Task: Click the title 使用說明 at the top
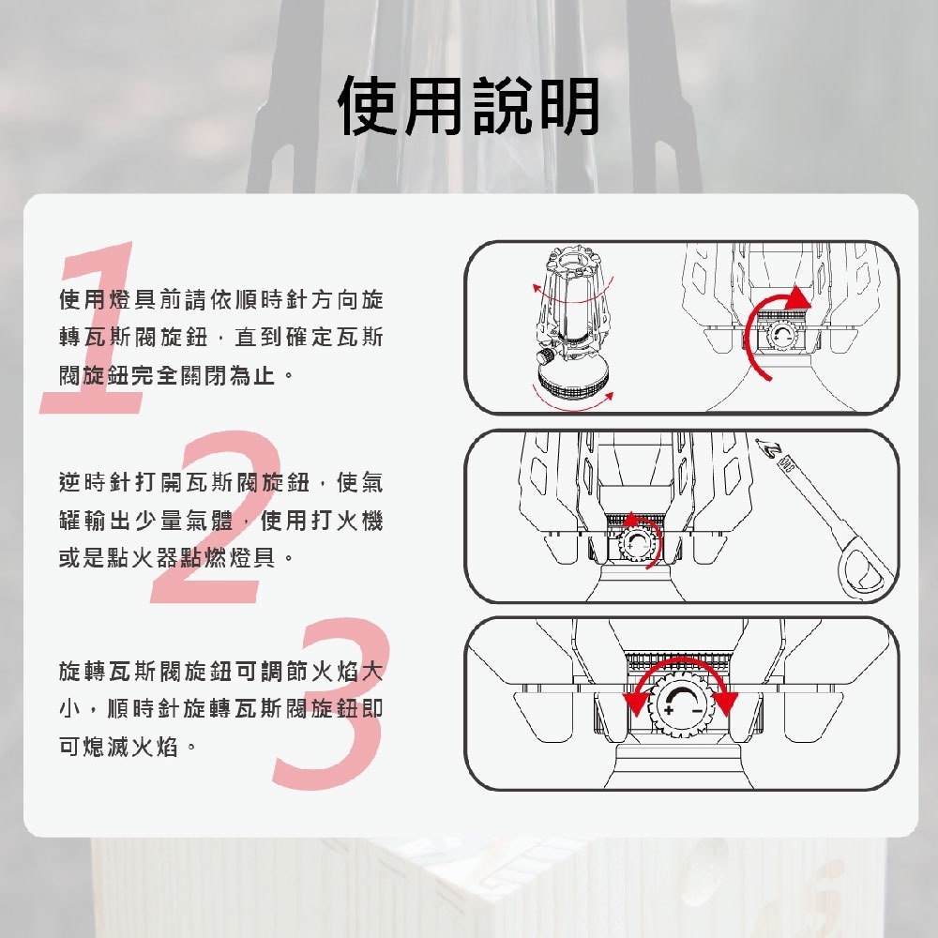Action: click(469, 106)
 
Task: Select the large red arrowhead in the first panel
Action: click(794, 298)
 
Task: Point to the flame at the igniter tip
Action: click(769, 449)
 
